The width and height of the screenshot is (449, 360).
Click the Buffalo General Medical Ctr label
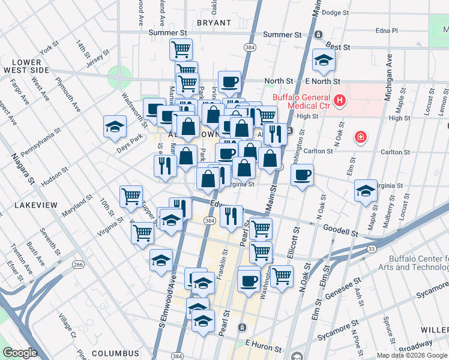coord(301,103)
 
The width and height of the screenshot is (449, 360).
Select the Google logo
coord(20,353)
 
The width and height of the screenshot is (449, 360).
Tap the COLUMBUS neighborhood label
coord(115,353)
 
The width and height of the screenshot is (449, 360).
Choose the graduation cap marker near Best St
coord(324,59)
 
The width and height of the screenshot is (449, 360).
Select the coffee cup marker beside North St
coord(229,82)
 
